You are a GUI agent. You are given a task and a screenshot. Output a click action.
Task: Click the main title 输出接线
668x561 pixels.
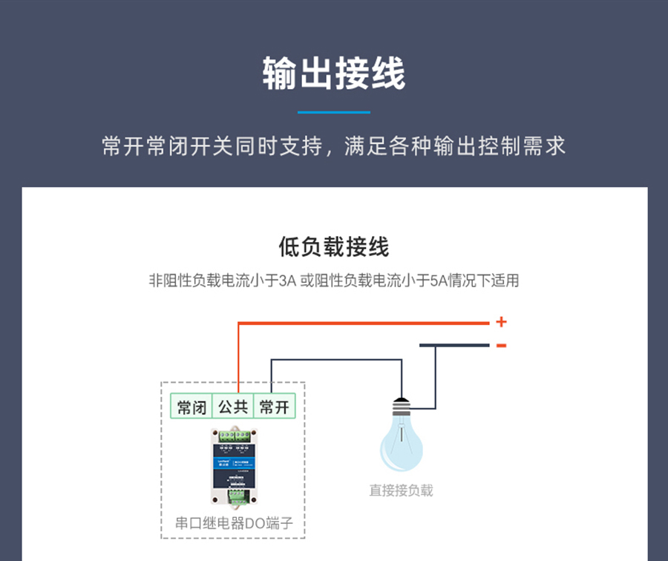coord(333,75)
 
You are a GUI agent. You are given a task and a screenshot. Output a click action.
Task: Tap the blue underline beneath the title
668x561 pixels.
coord(333,112)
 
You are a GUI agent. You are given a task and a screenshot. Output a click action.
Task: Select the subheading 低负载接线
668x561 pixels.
coord(333,247)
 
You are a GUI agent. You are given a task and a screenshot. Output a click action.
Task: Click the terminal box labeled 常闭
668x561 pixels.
coord(191,407)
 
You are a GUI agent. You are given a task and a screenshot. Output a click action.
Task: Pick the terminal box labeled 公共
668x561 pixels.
coord(232,407)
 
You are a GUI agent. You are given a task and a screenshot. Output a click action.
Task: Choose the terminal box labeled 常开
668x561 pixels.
coord(274,407)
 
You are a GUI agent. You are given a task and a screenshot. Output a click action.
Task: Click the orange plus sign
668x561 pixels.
coord(501,322)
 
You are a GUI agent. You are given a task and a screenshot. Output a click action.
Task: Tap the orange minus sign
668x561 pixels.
coord(501,345)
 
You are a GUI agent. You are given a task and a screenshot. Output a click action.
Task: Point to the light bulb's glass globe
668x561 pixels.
coord(402,446)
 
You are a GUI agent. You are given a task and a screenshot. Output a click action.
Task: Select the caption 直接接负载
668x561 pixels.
coord(401,491)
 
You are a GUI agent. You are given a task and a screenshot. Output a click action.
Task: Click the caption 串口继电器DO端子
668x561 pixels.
coord(234,523)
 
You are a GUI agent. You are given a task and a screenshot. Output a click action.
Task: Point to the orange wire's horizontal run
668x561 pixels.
coord(364,323)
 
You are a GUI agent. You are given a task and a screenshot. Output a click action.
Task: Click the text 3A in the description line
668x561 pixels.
coord(287,281)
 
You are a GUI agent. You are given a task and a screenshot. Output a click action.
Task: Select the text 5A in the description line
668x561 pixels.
coord(436,281)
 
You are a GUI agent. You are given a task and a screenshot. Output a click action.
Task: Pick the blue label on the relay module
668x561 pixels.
coord(222,461)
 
